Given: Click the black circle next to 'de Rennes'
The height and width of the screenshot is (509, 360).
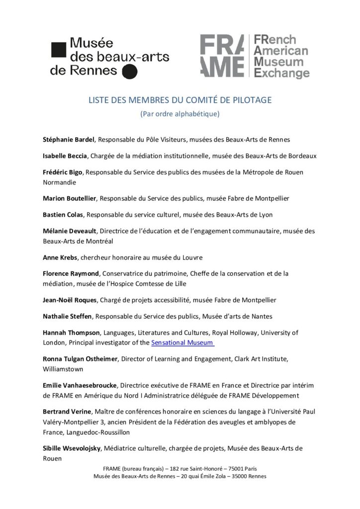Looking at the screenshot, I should point(129,72).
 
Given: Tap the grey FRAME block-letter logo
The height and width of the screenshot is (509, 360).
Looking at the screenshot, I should point(222,56).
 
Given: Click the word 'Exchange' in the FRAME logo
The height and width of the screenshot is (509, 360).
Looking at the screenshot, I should point(281,74).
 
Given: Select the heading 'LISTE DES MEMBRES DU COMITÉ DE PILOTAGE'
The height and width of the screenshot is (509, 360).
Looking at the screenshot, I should point(180,100).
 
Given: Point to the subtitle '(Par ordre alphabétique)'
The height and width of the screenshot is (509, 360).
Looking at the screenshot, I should point(180,113).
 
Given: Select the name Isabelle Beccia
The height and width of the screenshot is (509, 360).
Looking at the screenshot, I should point(66,156).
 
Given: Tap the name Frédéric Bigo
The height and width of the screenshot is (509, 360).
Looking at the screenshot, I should point(62,172).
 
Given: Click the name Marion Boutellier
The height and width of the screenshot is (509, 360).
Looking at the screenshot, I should point(70,198).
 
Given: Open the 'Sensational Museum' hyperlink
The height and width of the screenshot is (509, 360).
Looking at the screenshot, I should point(182,342).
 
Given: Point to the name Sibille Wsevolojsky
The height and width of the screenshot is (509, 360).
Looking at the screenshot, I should point(73,448).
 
